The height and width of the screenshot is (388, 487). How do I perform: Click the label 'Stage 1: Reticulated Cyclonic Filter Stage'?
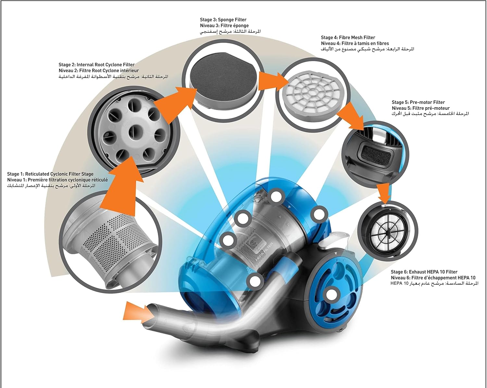tap(50, 174)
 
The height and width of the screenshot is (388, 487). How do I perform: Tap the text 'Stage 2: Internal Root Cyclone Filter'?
tap(96, 65)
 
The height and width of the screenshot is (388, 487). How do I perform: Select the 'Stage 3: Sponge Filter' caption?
tap(223, 20)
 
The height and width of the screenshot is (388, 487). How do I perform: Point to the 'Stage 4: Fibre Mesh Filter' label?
tap(348, 38)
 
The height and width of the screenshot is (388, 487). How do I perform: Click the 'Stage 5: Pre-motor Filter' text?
tap(418, 102)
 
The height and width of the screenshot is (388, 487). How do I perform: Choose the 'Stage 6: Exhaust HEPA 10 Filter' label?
tap(424, 272)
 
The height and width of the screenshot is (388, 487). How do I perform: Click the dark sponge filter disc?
tap(224, 77)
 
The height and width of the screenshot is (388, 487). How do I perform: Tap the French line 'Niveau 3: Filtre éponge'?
tap(224, 26)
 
